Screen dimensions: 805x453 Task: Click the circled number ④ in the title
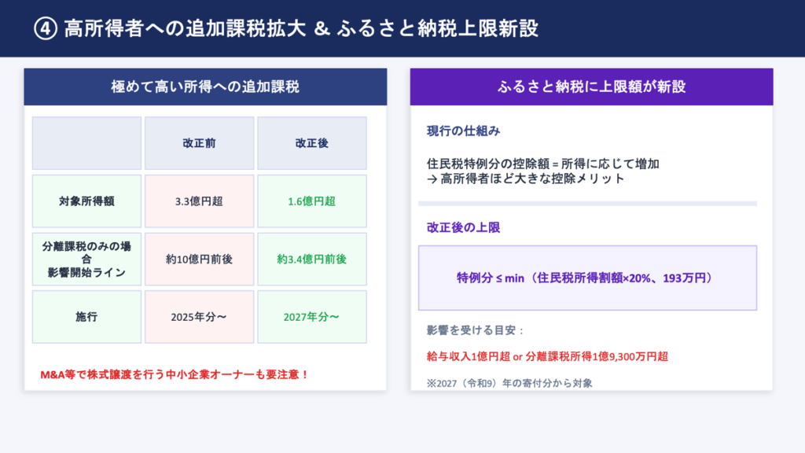[45, 29]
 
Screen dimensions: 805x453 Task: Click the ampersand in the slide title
[322, 29]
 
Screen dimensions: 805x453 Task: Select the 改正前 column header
[199, 143]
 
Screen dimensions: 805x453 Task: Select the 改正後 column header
[311, 143]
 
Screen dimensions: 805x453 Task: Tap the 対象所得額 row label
[86, 201]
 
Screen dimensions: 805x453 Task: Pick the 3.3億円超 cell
[199, 201]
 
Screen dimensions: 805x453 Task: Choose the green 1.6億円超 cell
[311, 201]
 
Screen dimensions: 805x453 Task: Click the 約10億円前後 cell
[199, 260]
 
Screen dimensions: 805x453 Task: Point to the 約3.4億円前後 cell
[311, 260]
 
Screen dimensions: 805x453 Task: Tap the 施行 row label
[86, 317]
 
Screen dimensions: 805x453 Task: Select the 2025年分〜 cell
[199, 317]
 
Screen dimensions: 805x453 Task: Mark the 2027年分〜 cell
[311, 317]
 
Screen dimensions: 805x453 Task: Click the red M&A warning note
[175, 374]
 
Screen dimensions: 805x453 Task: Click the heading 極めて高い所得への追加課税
[205, 87]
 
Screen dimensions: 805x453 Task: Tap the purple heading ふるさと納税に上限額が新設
[591, 87]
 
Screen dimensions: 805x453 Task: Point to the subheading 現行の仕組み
[464, 131]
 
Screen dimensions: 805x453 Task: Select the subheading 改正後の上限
[464, 227]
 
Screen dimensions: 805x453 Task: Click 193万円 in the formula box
[685, 278]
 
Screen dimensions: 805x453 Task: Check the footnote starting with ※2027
[509, 383]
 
